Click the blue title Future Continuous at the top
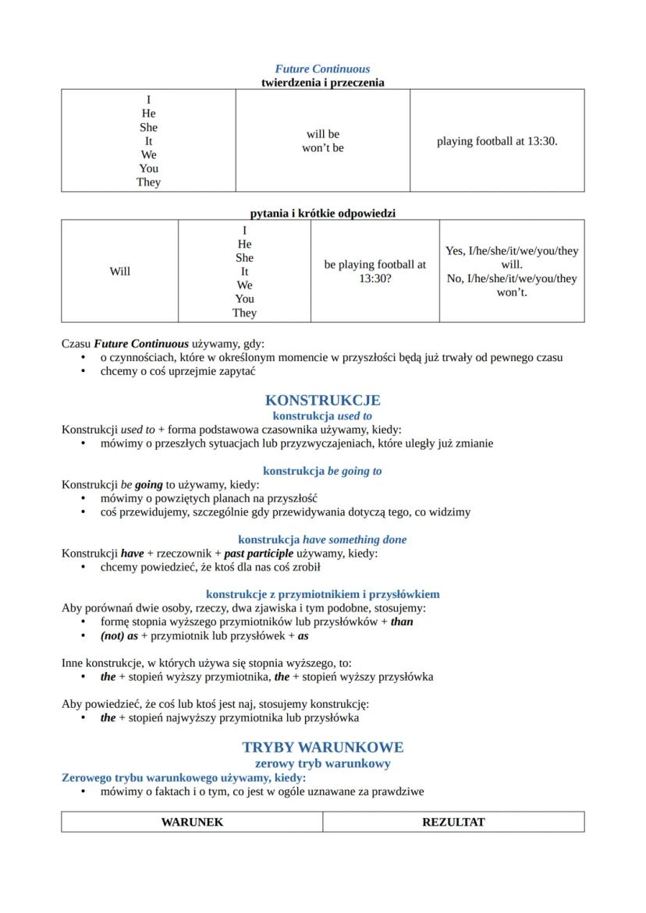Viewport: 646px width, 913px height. pyautogui.click(x=322, y=69)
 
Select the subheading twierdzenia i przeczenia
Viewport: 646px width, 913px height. pyautogui.click(x=322, y=83)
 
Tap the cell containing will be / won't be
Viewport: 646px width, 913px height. pyautogui.click(x=322, y=140)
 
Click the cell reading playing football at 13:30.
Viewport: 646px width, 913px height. pyautogui.click(x=497, y=141)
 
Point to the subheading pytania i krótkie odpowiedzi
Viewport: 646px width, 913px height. pyautogui.click(x=322, y=213)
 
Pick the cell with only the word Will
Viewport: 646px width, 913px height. pyautogui.click(x=119, y=271)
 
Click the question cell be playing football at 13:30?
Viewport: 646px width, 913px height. pyautogui.click(x=374, y=271)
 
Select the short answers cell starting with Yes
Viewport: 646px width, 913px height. pyautogui.click(x=511, y=271)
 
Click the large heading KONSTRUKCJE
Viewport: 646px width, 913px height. pyautogui.click(x=322, y=401)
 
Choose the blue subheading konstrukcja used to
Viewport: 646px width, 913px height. pyautogui.click(x=322, y=416)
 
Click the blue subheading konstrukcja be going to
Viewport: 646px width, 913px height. pyautogui.click(x=322, y=471)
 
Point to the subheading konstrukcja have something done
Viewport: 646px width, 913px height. pyautogui.click(x=322, y=540)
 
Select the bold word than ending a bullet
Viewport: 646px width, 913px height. pyautogui.click(x=402, y=622)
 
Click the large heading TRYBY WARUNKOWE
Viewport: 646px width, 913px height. pyautogui.click(x=322, y=748)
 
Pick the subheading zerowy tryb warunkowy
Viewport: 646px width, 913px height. pyautogui.click(x=322, y=764)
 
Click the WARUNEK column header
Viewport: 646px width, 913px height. pyautogui.click(x=192, y=823)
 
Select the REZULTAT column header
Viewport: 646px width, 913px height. pyautogui.click(x=453, y=823)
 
